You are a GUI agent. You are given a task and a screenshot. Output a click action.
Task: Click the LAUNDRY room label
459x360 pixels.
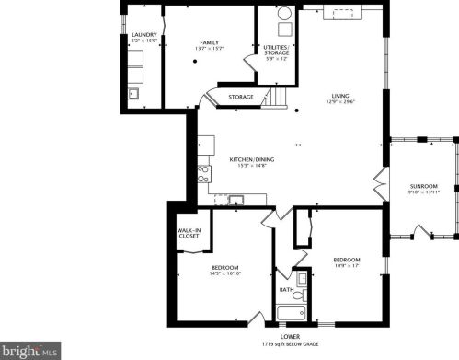tap(144, 35)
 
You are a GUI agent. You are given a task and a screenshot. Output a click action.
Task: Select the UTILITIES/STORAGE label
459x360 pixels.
tap(276, 49)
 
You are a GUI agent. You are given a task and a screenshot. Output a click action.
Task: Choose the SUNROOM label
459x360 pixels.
tap(423, 186)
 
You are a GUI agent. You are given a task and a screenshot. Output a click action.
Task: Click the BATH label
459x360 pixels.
tap(286, 288)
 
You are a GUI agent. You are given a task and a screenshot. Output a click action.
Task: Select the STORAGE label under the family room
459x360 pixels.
tap(241, 96)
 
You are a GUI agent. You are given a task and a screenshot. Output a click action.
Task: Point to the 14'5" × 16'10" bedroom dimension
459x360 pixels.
tap(225, 273)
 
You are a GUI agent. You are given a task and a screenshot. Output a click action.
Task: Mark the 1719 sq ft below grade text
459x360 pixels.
tap(290, 343)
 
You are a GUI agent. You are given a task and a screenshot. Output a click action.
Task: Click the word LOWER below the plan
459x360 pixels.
tap(290, 336)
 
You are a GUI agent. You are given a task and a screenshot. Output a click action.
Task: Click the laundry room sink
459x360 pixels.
tap(133, 93)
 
